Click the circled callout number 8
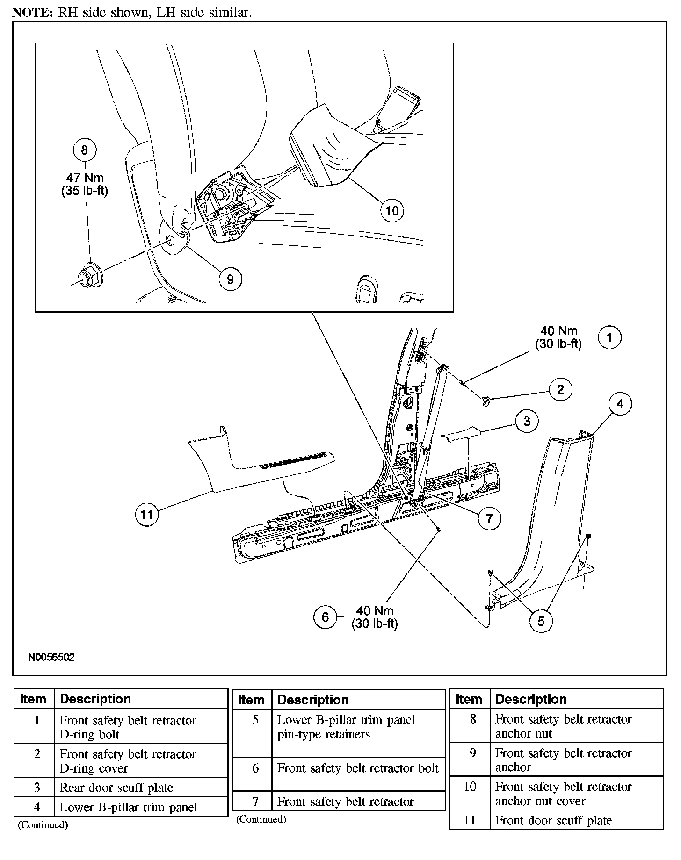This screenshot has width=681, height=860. pyautogui.click(x=85, y=150)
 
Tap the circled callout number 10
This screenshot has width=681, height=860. pyautogui.click(x=392, y=210)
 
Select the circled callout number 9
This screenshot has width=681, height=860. pyautogui.click(x=230, y=279)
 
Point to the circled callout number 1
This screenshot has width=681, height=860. pyautogui.click(x=609, y=337)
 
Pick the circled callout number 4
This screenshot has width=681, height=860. pyautogui.click(x=620, y=404)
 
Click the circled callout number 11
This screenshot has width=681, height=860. pyautogui.click(x=147, y=515)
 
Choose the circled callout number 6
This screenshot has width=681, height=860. pyautogui.click(x=326, y=617)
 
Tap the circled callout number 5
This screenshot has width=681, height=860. pyautogui.click(x=541, y=621)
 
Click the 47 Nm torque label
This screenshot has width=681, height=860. pyautogui.click(x=85, y=178)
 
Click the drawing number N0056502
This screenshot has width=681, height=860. pyautogui.click(x=51, y=657)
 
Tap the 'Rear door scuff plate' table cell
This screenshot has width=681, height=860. pyautogui.click(x=116, y=788)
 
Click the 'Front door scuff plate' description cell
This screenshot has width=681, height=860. pyautogui.click(x=553, y=820)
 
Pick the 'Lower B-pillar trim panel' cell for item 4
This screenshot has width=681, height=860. pyautogui.click(x=129, y=807)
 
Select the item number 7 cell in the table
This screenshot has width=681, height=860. pyautogui.click(x=255, y=802)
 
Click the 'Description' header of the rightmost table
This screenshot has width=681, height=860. pyautogui.click(x=531, y=699)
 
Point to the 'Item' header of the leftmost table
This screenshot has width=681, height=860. pyautogui.click(x=33, y=699)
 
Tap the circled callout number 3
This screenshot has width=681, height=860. pyautogui.click(x=527, y=421)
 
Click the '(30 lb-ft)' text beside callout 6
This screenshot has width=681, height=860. pyautogui.click(x=375, y=623)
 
